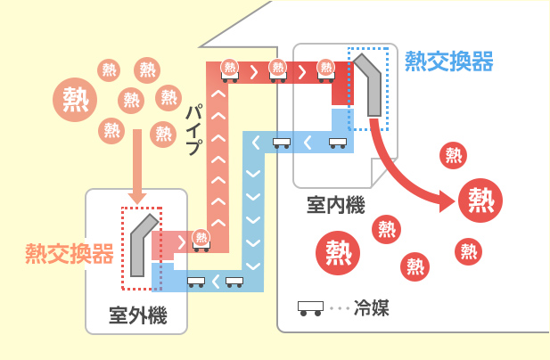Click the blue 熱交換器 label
[x=448, y=61]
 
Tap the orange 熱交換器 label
[x=70, y=253]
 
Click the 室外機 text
[x=137, y=315]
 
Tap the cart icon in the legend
[x=310, y=308]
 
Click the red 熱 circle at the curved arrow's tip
[x=480, y=200]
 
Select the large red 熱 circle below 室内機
[x=339, y=251]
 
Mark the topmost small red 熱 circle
[x=453, y=156]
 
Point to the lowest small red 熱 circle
[x=414, y=266]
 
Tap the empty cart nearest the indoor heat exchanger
[x=337, y=142]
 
